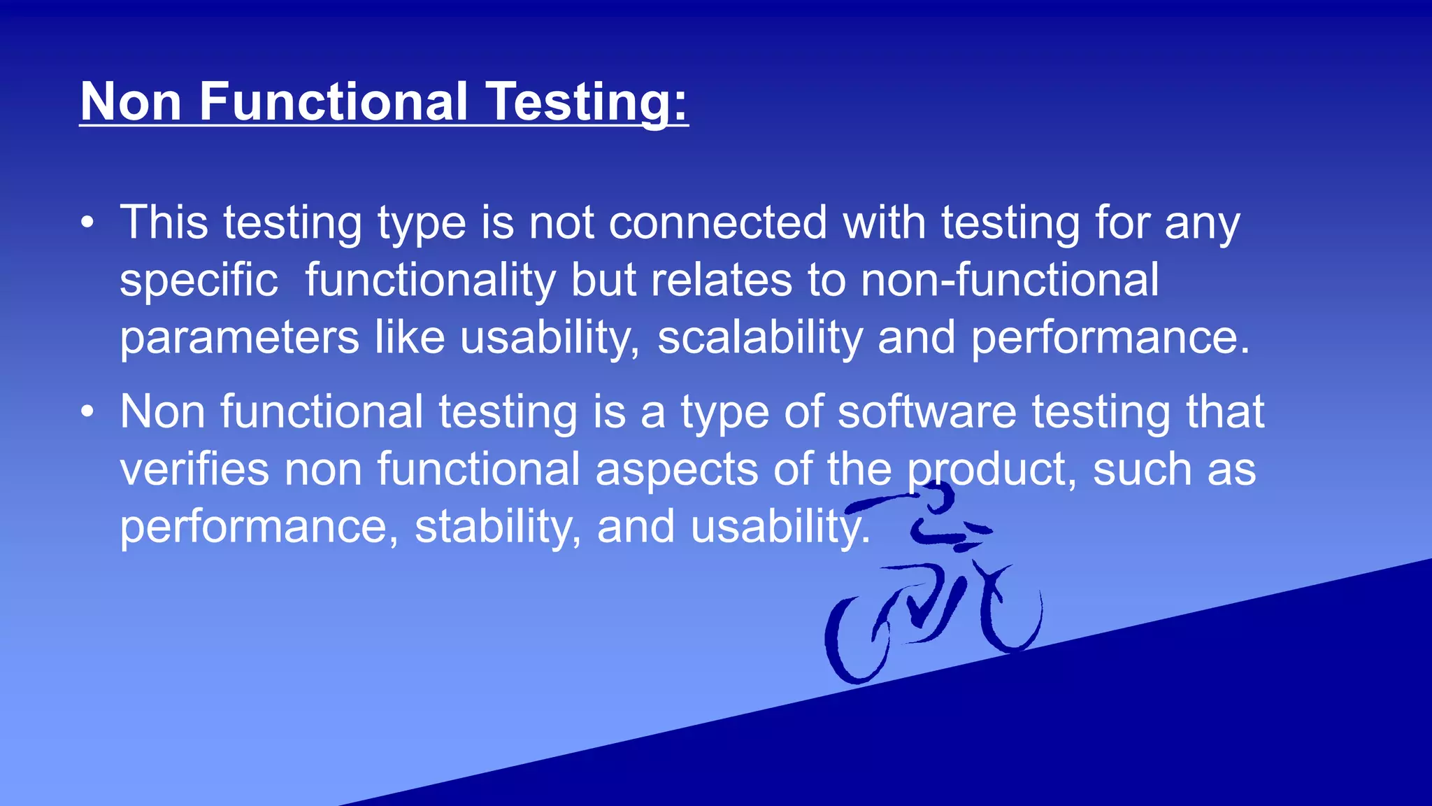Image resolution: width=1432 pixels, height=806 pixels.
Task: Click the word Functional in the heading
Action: [333, 102]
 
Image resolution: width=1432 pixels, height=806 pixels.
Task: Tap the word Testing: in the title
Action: [587, 102]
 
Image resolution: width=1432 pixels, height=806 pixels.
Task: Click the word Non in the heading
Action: [131, 102]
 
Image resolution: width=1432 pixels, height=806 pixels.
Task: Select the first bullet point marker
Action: [87, 223]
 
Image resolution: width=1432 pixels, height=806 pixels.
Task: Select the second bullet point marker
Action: [87, 412]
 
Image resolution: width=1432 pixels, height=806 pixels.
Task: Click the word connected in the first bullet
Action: [718, 223]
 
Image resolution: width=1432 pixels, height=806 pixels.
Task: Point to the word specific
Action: [199, 281]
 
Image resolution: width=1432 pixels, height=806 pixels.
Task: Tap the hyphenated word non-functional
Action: [1010, 281]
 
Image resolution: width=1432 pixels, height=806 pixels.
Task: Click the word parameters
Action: [239, 338]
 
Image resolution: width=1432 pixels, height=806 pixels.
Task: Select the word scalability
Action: [760, 338]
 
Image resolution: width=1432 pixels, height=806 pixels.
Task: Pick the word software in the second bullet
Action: [926, 412]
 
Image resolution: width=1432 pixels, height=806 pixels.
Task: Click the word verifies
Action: [194, 469]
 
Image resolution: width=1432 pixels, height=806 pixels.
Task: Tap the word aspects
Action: [676, 469]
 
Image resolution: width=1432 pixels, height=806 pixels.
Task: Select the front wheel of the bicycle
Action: [1012, 612]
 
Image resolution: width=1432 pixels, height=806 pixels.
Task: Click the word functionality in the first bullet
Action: [430, 281]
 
